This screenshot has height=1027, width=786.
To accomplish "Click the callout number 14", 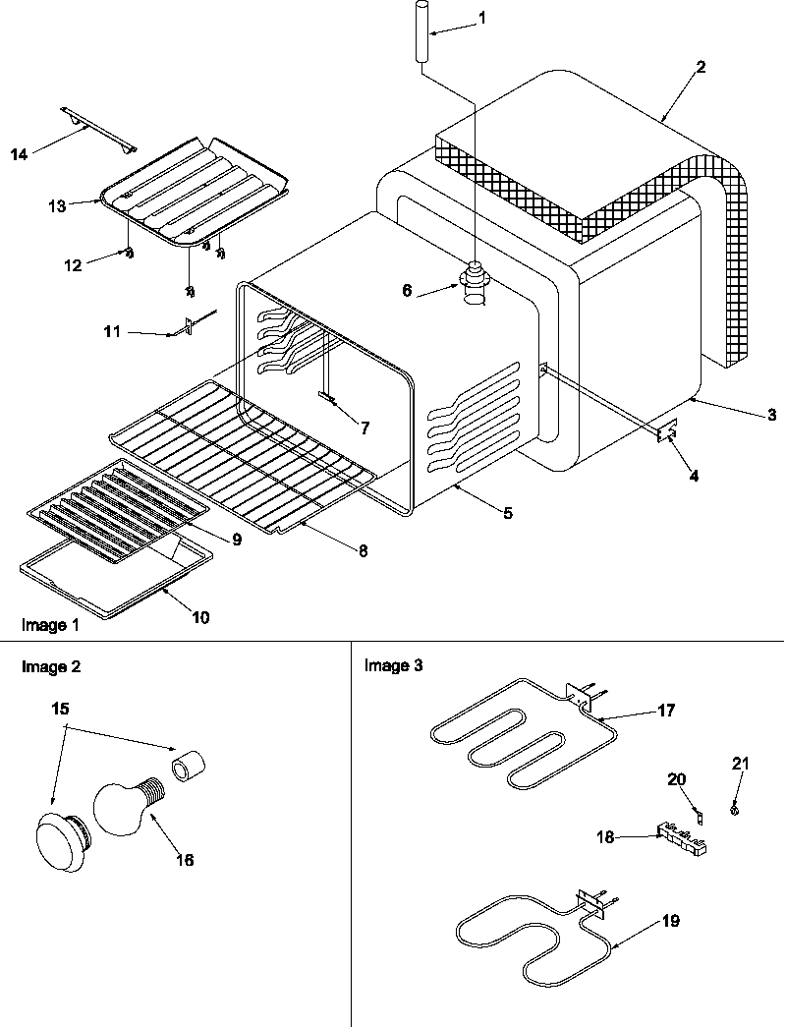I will click(x=19, y=152).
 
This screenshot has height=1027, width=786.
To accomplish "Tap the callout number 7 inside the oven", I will click(x=364, y=428).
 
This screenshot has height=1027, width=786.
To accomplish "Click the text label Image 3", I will click(x=393, y=666).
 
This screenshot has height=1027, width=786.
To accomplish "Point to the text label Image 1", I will click(x=49, y=625).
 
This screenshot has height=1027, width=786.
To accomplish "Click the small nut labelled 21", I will click(x=736, y=809).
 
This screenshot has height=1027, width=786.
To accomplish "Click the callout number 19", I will click(x=670, y=921).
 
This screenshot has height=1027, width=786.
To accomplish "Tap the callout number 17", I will click(x=666, y=710).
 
